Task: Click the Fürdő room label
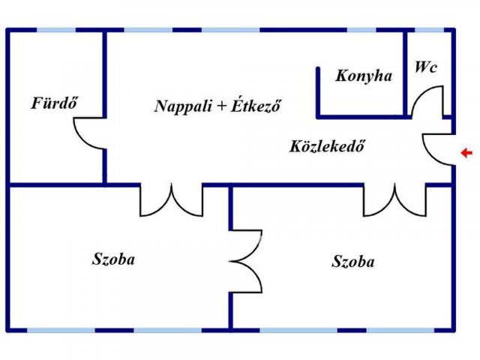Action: pos(55,103)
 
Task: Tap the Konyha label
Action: pos(364,76)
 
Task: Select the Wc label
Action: pos(426,67)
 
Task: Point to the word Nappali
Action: pos(183,106)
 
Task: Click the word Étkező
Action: pos(256,106)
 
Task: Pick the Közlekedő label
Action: pos(327,146)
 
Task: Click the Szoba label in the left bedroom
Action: pos(113,259)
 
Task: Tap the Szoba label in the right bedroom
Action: pos(353,262)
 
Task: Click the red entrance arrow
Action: pos(466,153)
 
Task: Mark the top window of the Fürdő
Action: pos(56,30)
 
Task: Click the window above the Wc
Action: pos(429,30)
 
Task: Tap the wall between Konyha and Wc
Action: pos(405,73)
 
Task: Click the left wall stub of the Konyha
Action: pos(318,92)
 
